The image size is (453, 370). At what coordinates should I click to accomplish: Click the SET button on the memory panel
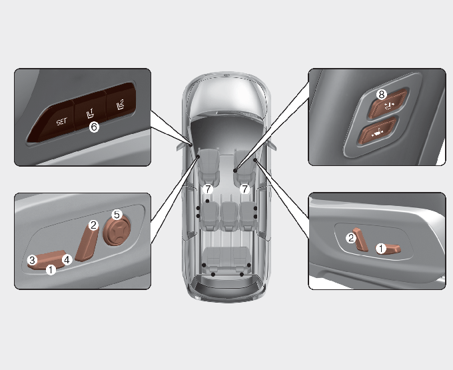[x=55, y=121]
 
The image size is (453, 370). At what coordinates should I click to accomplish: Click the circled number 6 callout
[x=94, y=127]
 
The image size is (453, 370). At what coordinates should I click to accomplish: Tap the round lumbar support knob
[x=117, y=231]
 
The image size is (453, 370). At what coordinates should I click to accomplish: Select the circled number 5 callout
[x=117, y=215]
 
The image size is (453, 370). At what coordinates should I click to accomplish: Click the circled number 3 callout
[x=33, y=260]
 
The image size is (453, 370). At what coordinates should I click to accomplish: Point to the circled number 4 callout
[x=67, y=259]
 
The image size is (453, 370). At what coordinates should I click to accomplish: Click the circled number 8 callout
[x=381, y=94]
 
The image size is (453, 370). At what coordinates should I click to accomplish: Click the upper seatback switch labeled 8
[x=388, y=104]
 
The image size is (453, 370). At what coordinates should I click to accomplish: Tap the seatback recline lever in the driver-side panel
[x=87, y=242]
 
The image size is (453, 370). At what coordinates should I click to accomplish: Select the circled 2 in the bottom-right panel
[x=351, y=238]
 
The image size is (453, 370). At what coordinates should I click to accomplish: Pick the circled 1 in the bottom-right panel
[x=381, y=248]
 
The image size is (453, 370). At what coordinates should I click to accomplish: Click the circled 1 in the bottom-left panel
[x=51, y=270]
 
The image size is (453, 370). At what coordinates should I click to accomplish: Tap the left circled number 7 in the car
[x=208, y=189]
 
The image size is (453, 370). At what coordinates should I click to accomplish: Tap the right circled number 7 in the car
[x=244, y=189]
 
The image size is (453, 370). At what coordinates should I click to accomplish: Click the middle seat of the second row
[x=228, y=216]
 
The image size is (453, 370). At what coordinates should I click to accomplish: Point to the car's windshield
[x=226, y=95]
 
